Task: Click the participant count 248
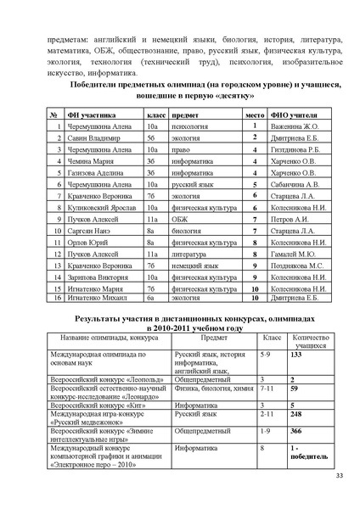tap(296, 415)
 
